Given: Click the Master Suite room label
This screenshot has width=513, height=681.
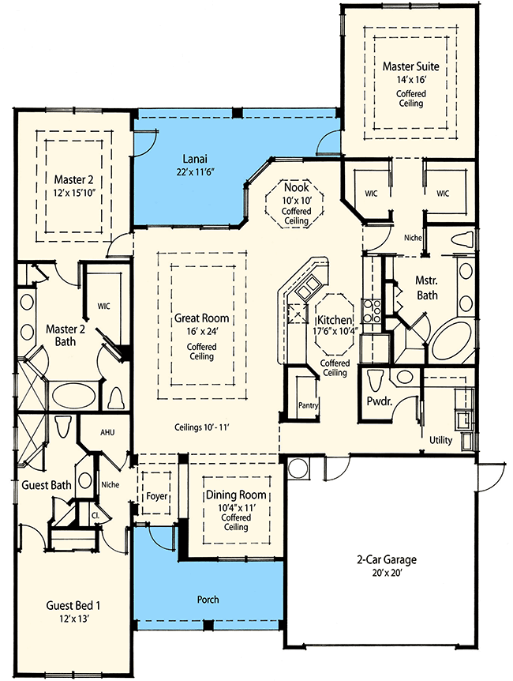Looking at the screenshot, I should tap(410, 66).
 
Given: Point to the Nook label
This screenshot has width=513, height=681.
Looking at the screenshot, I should tap(296, 187).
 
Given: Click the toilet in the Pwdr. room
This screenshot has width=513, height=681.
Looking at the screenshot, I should tap(376, 378).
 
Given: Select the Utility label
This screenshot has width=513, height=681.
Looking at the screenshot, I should tap(440, 439).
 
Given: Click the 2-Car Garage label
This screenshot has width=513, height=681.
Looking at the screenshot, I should tap(386, 560).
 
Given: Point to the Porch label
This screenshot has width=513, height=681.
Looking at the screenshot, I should tap(207, 600).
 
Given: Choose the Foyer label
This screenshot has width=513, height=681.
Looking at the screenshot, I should tap(157, 496).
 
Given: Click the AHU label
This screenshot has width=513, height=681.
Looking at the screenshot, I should tap(108, 433).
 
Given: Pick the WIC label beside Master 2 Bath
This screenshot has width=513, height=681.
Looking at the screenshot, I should tap(103, 305).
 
